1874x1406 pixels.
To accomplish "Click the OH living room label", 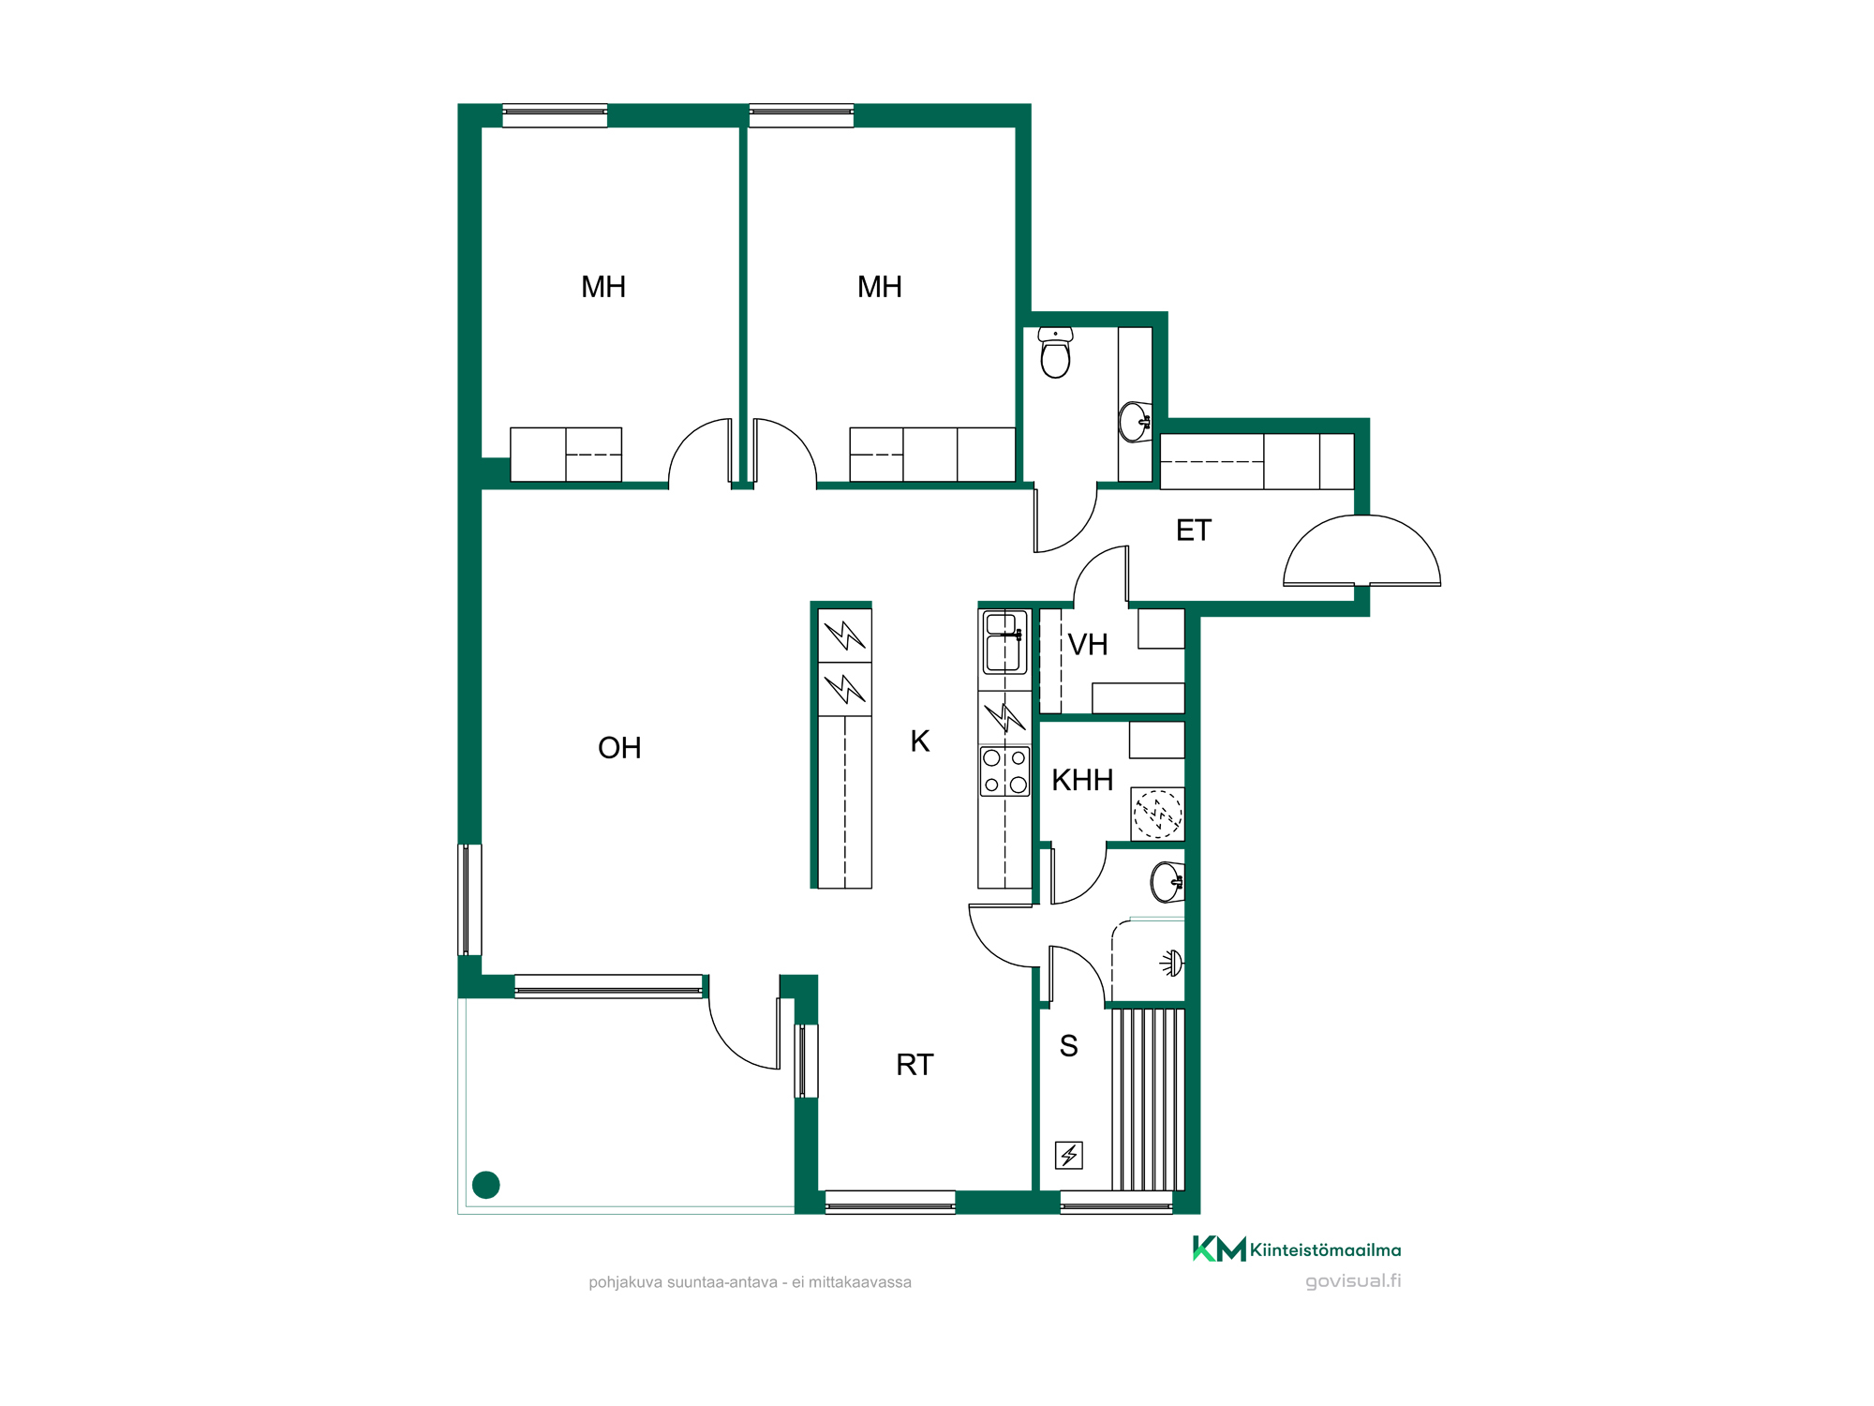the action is point(619,748).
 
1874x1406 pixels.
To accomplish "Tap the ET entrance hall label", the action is point(1194,531).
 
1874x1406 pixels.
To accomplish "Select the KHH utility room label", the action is point(1082,780).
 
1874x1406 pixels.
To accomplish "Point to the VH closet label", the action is point(1088,645).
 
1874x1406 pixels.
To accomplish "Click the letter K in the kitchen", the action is point(920,741).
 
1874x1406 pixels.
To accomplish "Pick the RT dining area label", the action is point(915,1065).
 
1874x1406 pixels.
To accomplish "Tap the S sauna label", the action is point(1068,1046).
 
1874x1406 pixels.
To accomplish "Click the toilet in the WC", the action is point(1056,352).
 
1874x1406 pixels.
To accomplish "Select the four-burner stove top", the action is point(1004,771).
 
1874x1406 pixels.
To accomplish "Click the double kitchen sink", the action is point(1004,642).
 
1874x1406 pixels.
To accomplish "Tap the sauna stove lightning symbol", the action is point(1069,1155).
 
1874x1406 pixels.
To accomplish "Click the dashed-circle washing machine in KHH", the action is point(1158,814).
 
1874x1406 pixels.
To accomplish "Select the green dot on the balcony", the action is point(486,1185).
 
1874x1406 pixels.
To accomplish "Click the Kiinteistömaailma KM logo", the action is point(1297,1249).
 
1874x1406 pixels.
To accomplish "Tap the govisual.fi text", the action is point(1353,1281).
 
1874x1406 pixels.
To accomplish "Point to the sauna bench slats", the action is point(1149,1099).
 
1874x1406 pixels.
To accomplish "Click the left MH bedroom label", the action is point(603,287).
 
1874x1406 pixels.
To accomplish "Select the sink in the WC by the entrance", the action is point(1136,422).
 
